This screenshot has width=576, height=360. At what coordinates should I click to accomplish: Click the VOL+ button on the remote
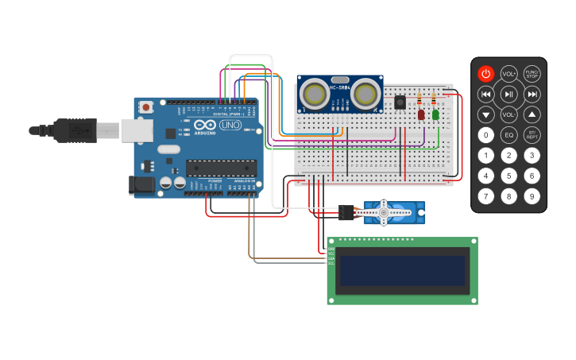click(x=508, y=74)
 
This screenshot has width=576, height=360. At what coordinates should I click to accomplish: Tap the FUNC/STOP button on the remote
click(x=532, y=74)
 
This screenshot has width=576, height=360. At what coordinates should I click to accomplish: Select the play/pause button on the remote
click(x=508, y=95)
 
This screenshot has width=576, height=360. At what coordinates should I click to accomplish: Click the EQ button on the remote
click(x=508, y=135)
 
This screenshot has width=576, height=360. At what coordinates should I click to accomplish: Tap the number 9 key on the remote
click(x=532, y=195)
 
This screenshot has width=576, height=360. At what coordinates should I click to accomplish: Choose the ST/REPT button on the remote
click(x=532, y=135)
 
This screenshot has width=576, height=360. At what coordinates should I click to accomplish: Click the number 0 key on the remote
click(x=485, y=135)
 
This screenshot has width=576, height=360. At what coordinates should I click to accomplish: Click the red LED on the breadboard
click(x=421, y=114)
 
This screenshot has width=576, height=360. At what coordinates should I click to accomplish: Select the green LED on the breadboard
click(x=435, y=114)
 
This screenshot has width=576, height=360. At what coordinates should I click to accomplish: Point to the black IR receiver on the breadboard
click(x=400, y=102)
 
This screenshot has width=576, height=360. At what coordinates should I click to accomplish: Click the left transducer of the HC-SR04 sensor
click(x=315, y=95)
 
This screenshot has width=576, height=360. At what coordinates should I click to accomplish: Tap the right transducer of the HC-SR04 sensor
click(x=365, y=95)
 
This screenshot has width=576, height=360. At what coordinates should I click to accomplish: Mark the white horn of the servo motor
click(x=382, y=212)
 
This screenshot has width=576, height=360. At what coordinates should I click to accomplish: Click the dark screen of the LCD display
click(x=403, y=270)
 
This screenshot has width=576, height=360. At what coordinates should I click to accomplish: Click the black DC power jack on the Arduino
click(x=141, y=185)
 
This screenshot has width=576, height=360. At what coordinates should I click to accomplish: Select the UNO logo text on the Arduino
click(x=230, y=126)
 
